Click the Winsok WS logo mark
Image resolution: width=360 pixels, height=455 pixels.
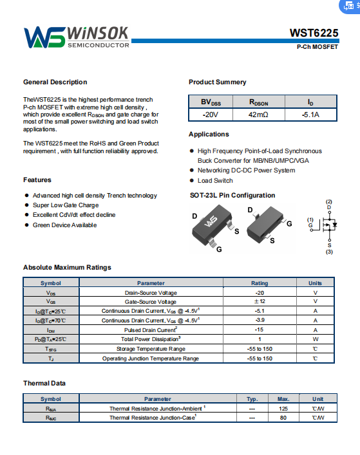pyautogui.click(x=44, y=37)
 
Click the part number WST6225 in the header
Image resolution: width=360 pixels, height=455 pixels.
pyautogui.click(x=314, y=33)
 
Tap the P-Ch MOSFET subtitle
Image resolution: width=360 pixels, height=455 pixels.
pyautogui.click(x=317, y=47)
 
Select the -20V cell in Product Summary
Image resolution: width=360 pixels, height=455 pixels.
pyautogui.click(x=211, y=115)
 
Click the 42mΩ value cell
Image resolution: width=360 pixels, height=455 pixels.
pyautogui.click(x=258, y=115)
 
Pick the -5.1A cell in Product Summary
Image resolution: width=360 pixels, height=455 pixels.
pyautogui.click(x=310, y=115)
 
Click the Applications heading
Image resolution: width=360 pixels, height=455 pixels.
pyautogui.click(x=209, y=134)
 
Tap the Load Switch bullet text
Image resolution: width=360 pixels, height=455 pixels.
pyautogui.click(x=215, y=180)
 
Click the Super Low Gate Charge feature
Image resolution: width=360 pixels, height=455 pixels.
pyautogui.click(x=66, y=205)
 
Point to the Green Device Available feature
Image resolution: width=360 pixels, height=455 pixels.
pyautogui.click(x=65, y=225)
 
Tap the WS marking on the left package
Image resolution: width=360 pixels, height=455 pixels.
pyautogui.click(x=211, y=221)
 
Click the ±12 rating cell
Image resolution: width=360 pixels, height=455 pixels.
pyautogui.click(x=260, y=301)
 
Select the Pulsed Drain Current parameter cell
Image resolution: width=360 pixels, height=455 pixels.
pyautogui.click(x=151, y=330)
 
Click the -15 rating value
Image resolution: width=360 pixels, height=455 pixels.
pyautogui.click(x=260, y=330)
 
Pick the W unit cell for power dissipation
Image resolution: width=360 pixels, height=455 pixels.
pyautogui.click(x=316, y=339)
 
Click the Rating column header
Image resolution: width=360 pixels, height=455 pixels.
pyautogui.click(x=260, y=283)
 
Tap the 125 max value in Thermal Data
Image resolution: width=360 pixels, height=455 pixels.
pyautogui.click(x=283, y=409)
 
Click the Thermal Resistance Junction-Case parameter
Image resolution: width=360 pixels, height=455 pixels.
pyautogui.click(x=153, y=418)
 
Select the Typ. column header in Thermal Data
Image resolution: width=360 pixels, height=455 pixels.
pyautogui.click(x=252, y=399)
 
